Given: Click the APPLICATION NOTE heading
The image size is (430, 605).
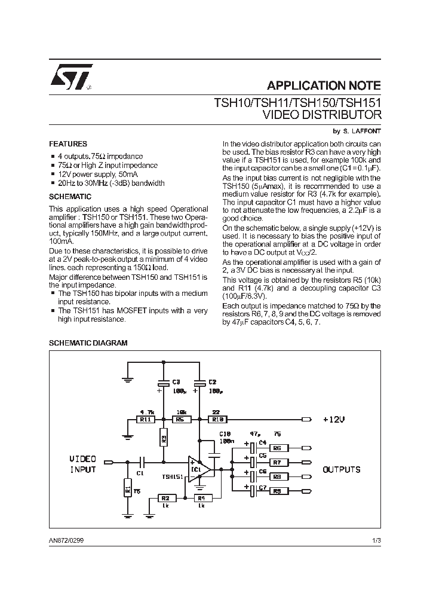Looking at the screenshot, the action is click(323, 85).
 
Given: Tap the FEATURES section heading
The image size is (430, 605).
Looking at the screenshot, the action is click(67, 144).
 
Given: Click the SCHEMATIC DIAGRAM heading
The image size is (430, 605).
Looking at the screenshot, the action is click(88, 343).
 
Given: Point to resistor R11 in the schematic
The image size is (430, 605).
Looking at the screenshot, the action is click(146, 420).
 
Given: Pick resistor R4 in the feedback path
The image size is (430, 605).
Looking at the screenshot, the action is click(201, 497).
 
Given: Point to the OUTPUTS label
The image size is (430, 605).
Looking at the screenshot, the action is click(342, 469).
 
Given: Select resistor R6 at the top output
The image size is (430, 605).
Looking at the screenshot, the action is click(277, 448).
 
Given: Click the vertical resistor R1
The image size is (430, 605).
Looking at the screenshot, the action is click(127, 489).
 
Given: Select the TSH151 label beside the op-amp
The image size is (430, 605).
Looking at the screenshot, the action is click(171, 477).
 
